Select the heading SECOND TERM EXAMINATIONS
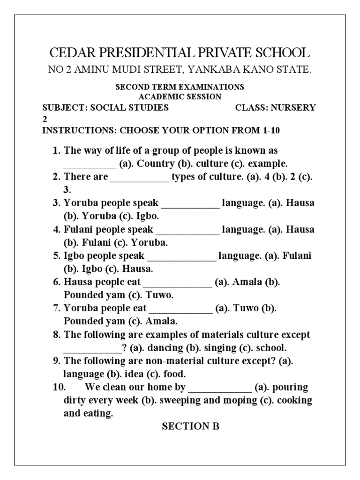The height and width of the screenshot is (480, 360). tap(180, 87)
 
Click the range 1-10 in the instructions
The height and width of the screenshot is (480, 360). tap(272, 130)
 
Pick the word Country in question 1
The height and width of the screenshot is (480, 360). tap(156, 164)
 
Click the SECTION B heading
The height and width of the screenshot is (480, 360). tap(190, 426)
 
